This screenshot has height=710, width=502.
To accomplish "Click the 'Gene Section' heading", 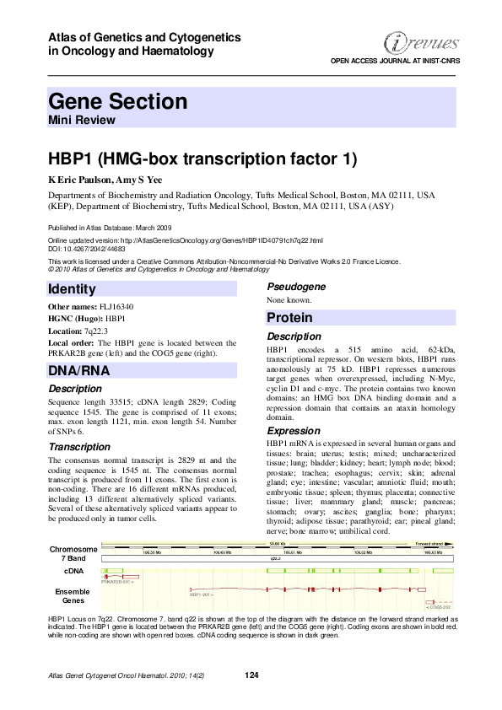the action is (118, 102).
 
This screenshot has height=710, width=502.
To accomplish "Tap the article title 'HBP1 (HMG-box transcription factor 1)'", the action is (202, 159).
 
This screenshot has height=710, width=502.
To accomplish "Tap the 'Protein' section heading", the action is (290, 318).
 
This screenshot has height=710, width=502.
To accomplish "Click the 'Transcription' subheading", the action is (79, 446).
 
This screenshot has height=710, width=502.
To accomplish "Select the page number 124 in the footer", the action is (251, 675).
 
